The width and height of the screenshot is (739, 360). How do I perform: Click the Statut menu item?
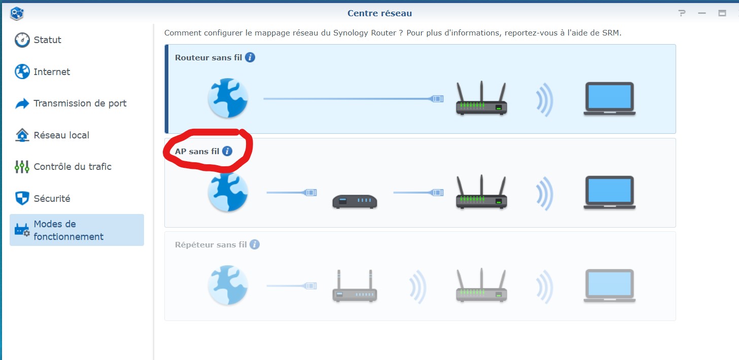(38, 40)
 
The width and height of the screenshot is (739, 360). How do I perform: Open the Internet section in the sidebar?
(42, 71)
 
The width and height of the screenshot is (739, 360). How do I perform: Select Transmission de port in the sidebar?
(71, 103)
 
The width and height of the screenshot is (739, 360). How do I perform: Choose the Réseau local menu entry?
(52, 135)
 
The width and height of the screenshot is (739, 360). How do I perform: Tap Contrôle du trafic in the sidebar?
(63, 166)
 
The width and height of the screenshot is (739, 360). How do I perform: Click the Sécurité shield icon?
(22, 198)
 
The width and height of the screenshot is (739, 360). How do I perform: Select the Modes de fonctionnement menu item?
(77, 230)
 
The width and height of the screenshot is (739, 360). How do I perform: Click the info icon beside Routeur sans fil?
(250, 57)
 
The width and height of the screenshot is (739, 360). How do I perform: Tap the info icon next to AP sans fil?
(227, 151)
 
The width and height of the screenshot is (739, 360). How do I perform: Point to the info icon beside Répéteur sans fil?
(254, 244)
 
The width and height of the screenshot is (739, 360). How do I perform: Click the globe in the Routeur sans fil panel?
(228, 98)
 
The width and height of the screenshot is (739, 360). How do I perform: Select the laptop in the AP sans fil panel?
(609, 193)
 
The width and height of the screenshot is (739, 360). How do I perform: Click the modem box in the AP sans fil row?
(355, 201)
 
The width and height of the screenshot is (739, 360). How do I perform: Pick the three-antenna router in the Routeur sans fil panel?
(481, 98)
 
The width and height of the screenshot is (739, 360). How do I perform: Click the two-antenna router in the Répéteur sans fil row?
(355, 285)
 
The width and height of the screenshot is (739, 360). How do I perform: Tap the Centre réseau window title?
(379, 13)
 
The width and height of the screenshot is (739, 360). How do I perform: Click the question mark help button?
(682, 13)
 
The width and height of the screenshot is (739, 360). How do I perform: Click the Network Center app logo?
(17, 13)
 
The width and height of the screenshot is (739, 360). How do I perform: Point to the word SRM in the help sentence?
(612, 33)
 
